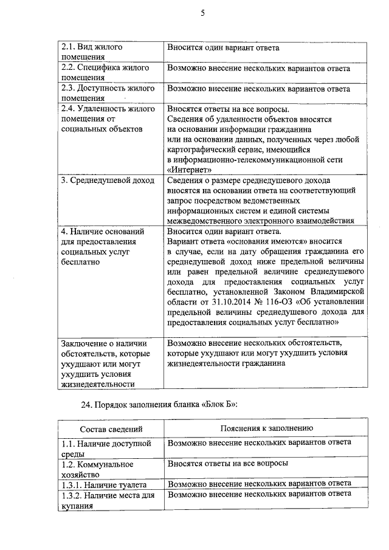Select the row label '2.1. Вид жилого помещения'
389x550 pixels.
click(x=92, y=52)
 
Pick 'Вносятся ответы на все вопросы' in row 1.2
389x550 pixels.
click(x=227, y=463)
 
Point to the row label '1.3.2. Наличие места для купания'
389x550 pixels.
click(x=107, y=501)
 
